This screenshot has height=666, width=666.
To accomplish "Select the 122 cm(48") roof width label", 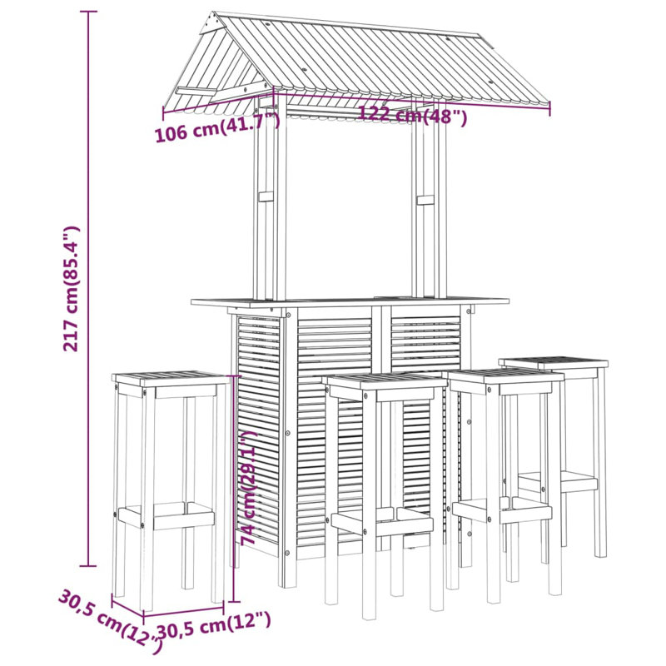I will [x=413, y=116].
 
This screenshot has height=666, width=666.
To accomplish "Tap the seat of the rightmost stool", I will [x=554, y=363].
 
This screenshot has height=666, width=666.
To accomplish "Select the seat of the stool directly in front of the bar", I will [x=385, y=380].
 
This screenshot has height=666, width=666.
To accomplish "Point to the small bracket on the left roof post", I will [x=266, y=198].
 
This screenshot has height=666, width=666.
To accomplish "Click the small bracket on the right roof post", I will [x=425, y=201].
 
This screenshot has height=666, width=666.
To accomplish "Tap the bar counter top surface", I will [x=350, y=301].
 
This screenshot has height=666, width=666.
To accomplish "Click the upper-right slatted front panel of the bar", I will [x=425, y=341].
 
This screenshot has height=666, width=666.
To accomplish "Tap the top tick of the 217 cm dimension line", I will [x=90, y=12].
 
